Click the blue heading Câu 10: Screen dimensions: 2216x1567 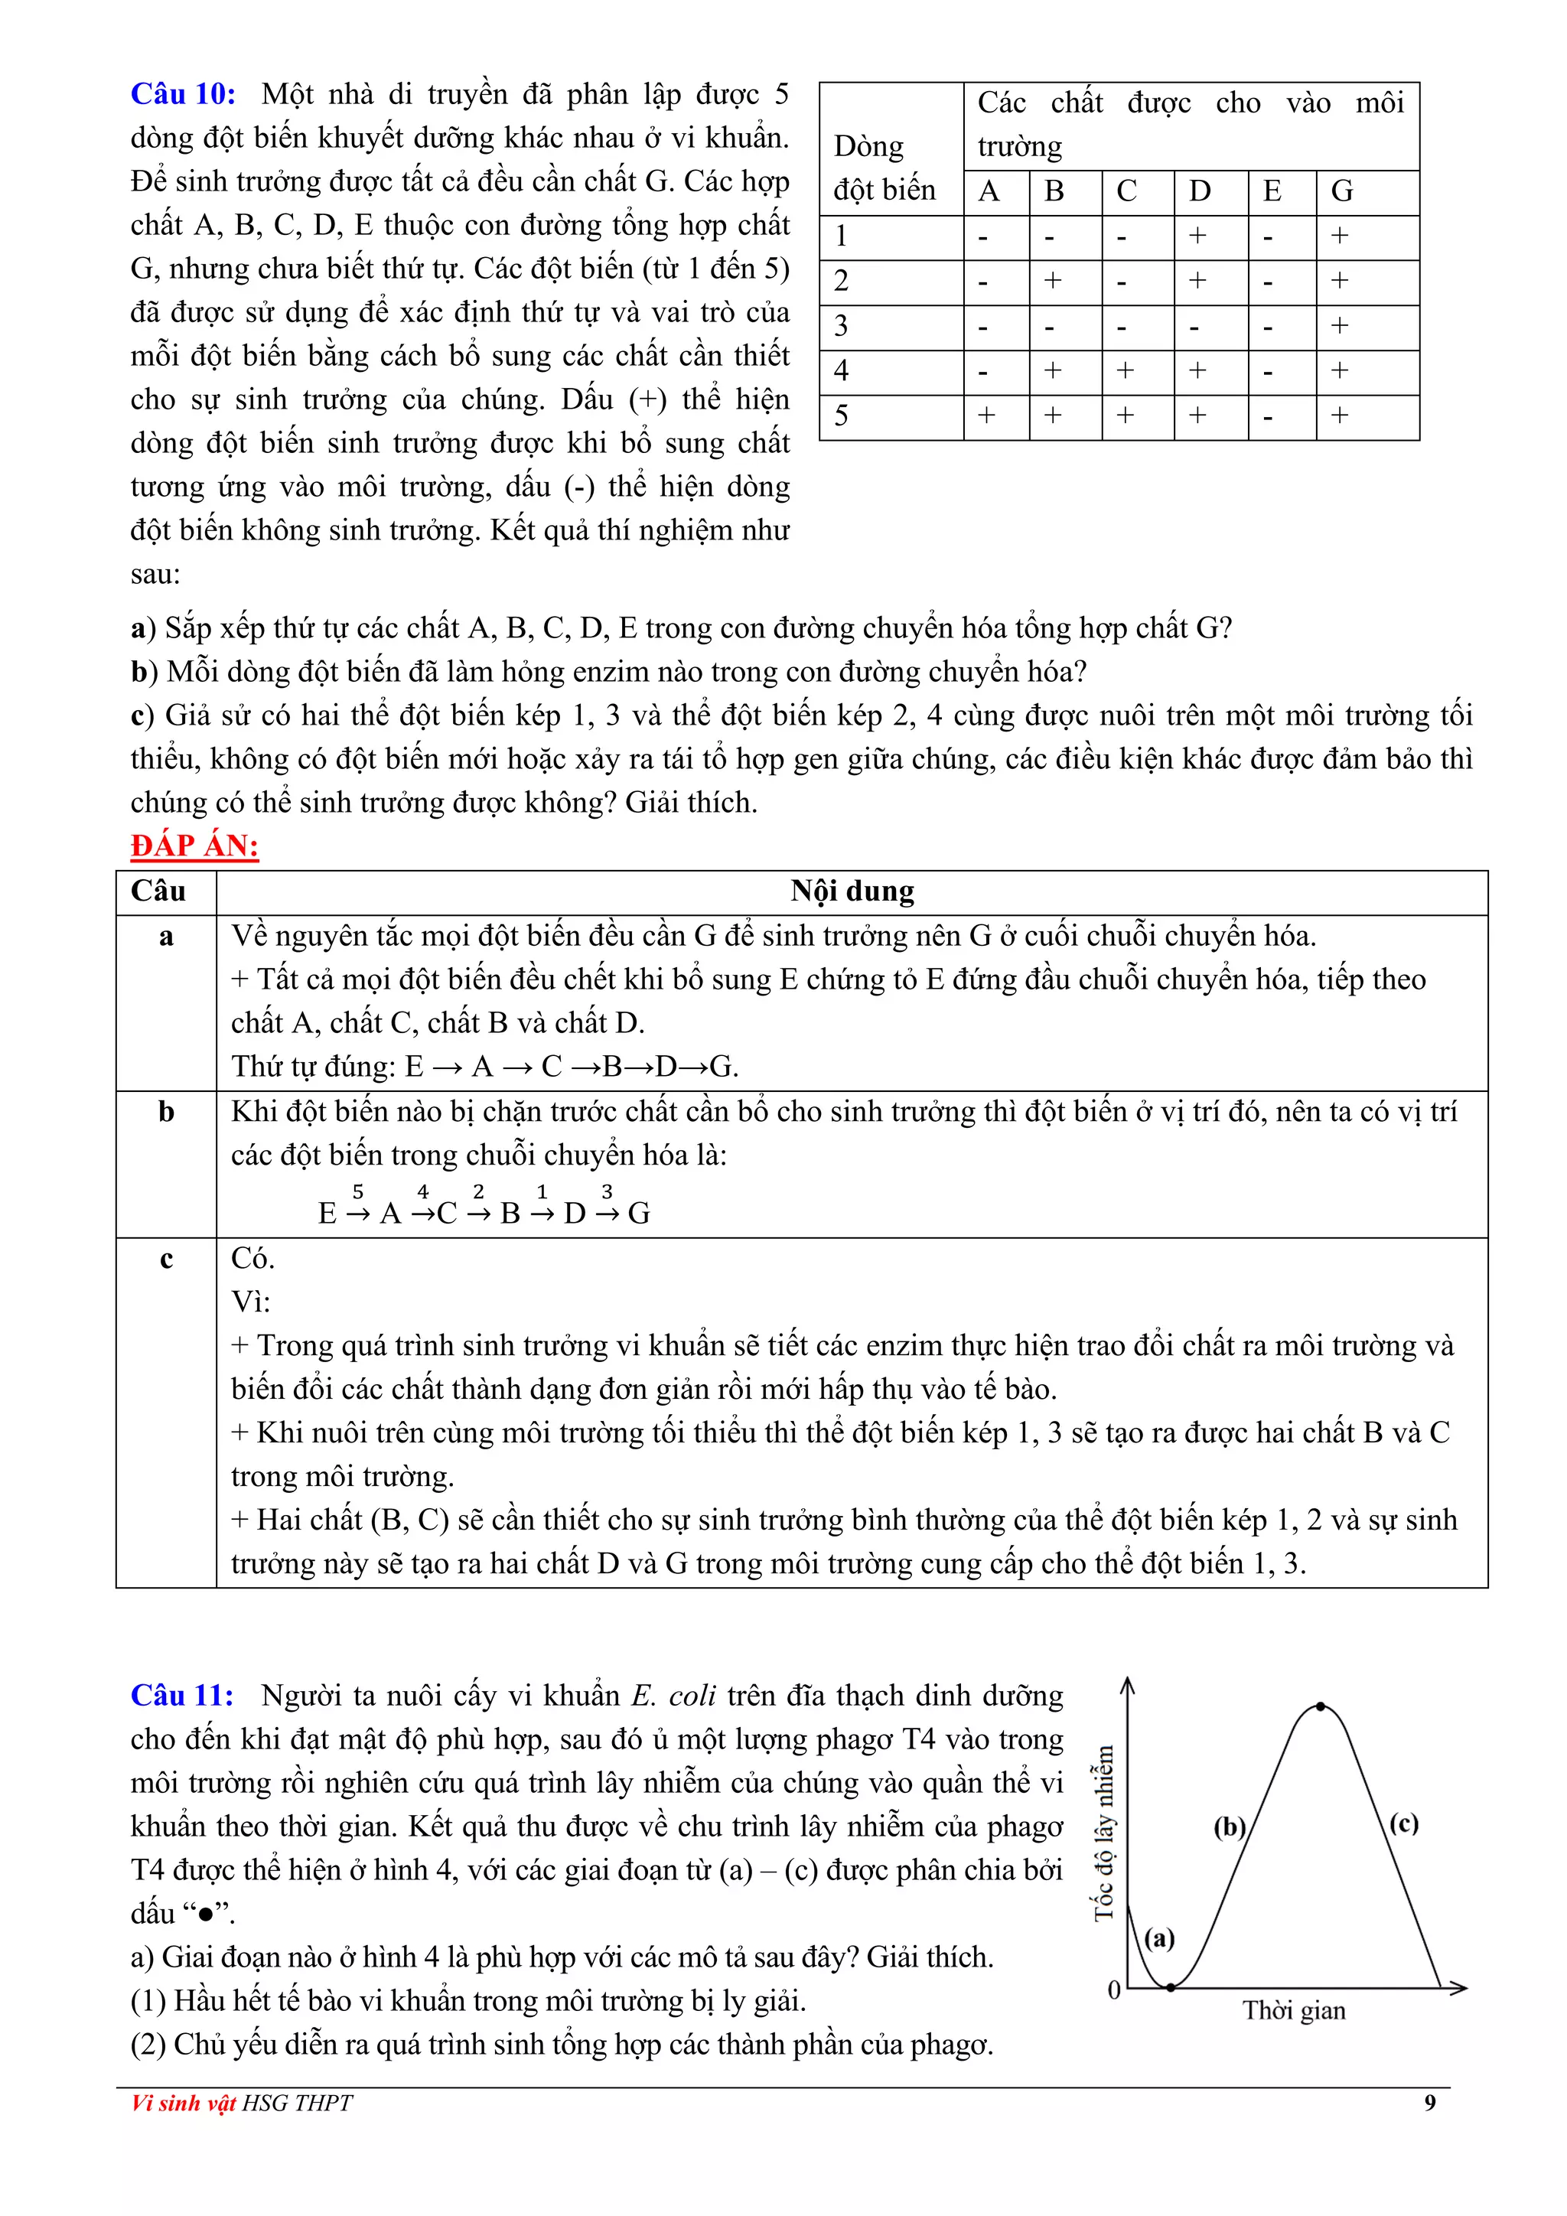click(x=182, y=93)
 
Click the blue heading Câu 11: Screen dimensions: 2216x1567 click(x=182, y=1695)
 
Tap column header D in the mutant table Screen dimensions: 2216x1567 click(x=1200, y=191)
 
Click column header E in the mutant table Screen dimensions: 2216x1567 click(x=1272, y=191)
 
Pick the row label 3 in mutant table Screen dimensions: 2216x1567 click(x=842, y=326)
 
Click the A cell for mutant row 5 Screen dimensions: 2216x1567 click(x=986, y=416)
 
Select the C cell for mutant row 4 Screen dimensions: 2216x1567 click(x=1125, y=370)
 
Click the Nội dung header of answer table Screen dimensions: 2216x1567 click(x=852, y=891)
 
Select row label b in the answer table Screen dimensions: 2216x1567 click(x=166, y=1112)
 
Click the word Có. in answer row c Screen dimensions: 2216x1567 click(x=252, y=1259)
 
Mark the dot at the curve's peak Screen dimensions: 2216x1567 click(x=1321, y=1707)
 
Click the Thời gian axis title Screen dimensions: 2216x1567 click(x=1293, y=2010)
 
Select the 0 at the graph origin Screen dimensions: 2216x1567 click(x=1113, y=1991)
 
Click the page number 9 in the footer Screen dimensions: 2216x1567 click(x=1430, y=2103)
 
